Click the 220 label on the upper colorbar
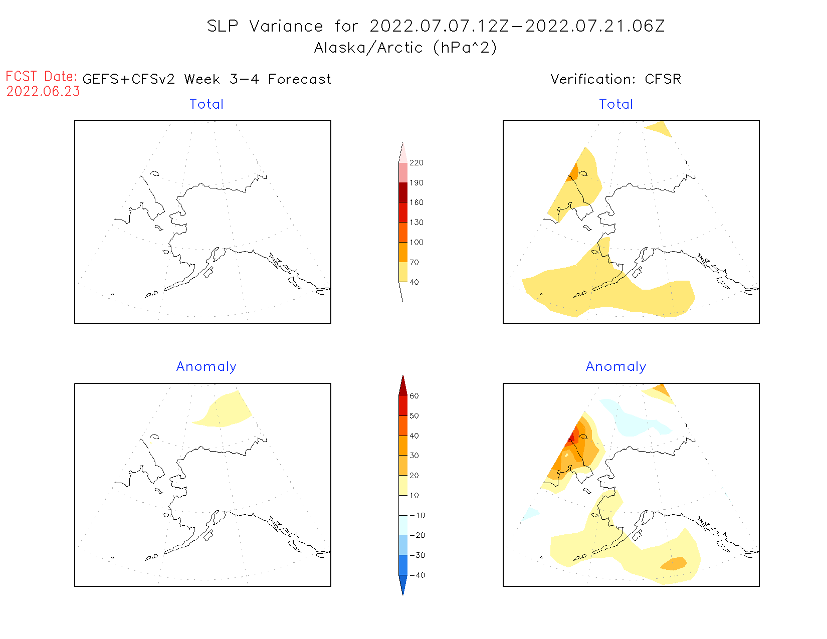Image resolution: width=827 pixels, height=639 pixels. pos(416,163)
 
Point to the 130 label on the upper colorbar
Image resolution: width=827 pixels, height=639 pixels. pos(416,223)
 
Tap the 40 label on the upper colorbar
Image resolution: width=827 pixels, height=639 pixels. pos(414,282)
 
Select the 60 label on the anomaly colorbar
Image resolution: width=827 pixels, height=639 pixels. pos(414,396)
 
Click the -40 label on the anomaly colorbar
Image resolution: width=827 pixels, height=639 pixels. pos(417,575)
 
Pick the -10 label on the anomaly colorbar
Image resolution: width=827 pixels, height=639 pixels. pos(417,515)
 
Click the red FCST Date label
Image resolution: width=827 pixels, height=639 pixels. pos(41,77)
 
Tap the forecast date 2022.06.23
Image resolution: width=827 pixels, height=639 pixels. pos(43,92)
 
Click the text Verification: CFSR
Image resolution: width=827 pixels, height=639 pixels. pos(615,79)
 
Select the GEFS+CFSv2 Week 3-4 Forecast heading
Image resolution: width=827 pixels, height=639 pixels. pos(206,79)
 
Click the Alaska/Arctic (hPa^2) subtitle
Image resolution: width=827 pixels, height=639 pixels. pos(405,48)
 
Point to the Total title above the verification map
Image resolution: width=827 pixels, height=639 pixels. pos(616,104)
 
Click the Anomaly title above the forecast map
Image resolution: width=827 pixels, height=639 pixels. pos(206,367)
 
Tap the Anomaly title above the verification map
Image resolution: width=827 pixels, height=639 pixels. pos(616,367)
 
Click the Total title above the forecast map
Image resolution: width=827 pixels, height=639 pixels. pos(206,104)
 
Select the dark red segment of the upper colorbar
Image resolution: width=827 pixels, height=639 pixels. pos(403,192)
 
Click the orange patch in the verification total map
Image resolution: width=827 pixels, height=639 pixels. pos(574,172)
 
